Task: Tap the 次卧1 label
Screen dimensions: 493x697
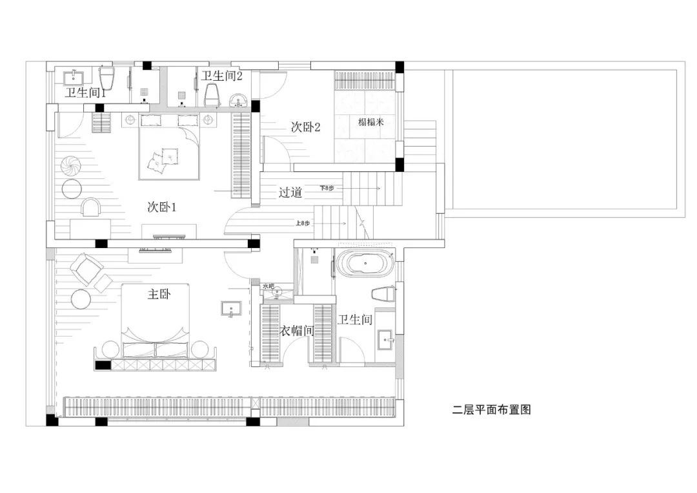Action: tap(162, 207)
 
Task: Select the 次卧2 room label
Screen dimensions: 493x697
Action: tap(306, 127)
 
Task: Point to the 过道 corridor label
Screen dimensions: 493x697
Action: tap(290, 192)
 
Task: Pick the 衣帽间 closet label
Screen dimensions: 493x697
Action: tap(296, 330)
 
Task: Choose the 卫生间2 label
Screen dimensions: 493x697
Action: tap(222, 76)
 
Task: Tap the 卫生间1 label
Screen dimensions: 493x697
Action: tap(85, 93)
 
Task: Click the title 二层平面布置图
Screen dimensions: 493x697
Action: tap(491, 410)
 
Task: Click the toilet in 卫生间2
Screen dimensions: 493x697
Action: tap(212, 96)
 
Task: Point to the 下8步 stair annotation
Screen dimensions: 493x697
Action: tap(327, 189)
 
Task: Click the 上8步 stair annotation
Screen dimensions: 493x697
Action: tap(303, 223)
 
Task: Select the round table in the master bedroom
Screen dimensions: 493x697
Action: tap(82, 299)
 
